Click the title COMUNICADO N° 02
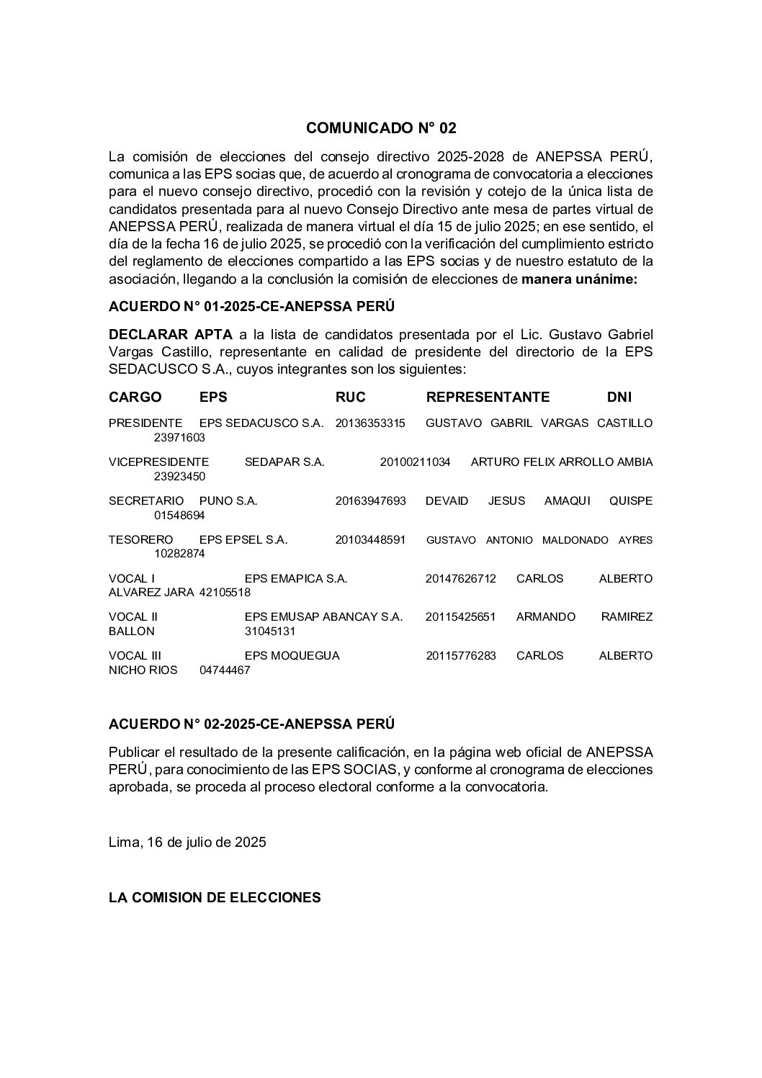pyautogui.click(x=381, y=128)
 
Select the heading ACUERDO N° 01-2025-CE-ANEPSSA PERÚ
pyautogui.click(x=251, y=307)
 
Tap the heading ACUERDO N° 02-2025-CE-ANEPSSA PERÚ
pyautogui.click(x=251, y=723)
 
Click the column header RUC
pyautogui.click(x=350, y=397)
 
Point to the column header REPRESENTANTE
pyautogui.click(x=488, y=397)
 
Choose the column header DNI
pyautogui.click(x=619, y=397)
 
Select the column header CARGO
pyautogui.click(x=135, y=397)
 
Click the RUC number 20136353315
pyautogui.click(x=370, y=423)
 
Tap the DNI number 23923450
pyautogui.click(x=179, y=476)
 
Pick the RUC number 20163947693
pyautogui.click(x=370, y=500)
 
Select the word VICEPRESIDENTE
pyautogui.click(x=158, y=462)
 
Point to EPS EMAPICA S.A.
pyautogui.click(x=296, y=578)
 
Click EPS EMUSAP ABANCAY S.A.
pyautogui.click(x=323, y=617)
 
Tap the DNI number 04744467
pyautogui.click(x=225, y=670)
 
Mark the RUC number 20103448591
pyautogui.click(x=370, y=539)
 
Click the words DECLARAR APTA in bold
pyautogui.click(x=171, y=334)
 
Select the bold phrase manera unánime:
pyautogui.click(x=579, y=279)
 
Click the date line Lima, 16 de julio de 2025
pyautogui.click(x=187, y=842)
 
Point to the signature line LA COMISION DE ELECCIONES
pyautogui.click(x=215, y=897)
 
